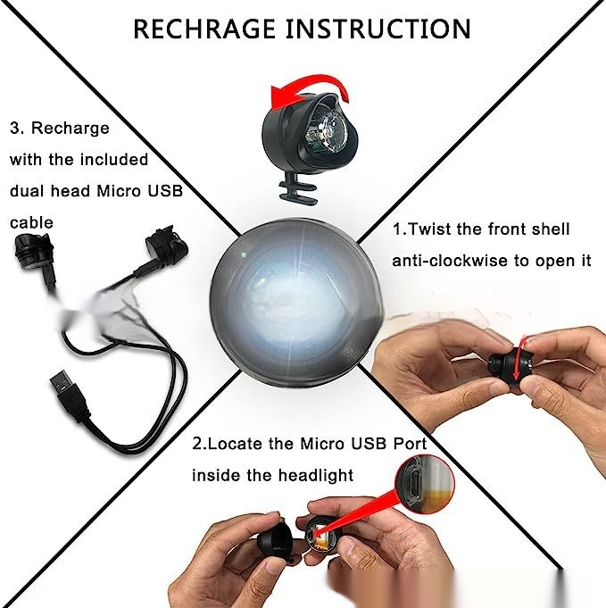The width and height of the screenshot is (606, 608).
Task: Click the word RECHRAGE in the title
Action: (x=204, y=29)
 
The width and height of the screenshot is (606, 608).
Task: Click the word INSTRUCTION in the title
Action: (x=378, y=29)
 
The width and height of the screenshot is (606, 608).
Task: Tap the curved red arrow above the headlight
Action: (x=306, y=87)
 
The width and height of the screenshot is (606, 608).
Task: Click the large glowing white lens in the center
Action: (x=297, y=304)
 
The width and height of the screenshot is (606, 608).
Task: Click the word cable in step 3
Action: (x=31, y=222)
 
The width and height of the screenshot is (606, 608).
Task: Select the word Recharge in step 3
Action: (x=71, y=129)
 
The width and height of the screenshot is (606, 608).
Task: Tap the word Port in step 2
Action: (x=410, y=444)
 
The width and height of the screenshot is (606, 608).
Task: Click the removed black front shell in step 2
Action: (x=276, y=539)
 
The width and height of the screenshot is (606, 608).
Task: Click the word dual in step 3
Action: (x=27, y=191)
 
